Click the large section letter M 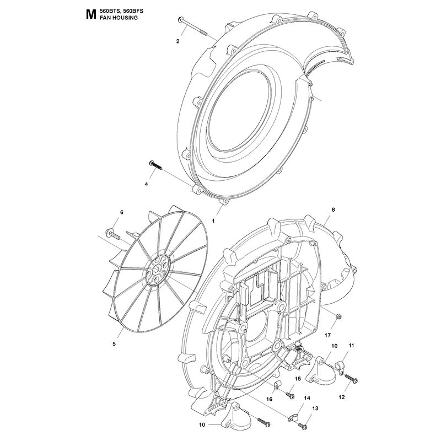click(x=90, y=15)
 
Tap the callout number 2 click(x=178, y=41)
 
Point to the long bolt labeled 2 click(x=192, y=26)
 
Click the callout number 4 click(x=146, y=184)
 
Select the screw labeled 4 click(x=155, y=164)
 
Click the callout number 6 click(x=122, y=212)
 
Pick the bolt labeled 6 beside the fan click(x=113, y=235)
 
